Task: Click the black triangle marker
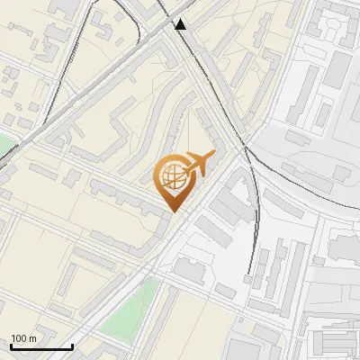tap(181, 24)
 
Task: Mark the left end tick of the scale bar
tap(11, 346)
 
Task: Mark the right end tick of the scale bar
tap(73, 346)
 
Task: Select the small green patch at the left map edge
tap(5, 144)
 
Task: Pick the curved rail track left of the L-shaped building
tap(257, 216)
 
